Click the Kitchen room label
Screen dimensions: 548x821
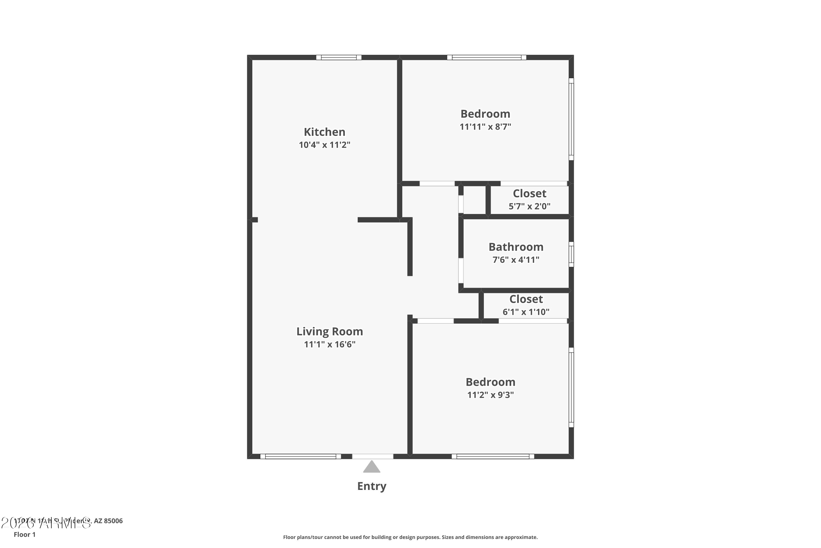(x=324, y=132)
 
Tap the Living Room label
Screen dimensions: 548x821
(x=329, y=331)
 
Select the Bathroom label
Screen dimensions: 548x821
(x=516, y=247)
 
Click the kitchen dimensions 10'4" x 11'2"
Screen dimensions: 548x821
(x=324, y=145)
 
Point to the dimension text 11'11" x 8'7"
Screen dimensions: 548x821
(x=485, y=127)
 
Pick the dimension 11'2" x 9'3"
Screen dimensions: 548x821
(x=490, y=395)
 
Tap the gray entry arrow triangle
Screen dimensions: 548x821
(x=371, y=467)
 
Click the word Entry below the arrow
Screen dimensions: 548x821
(x=371, y=486)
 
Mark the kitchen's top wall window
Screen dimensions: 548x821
(x=339, y=57)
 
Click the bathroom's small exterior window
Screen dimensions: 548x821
(x=571, y=255)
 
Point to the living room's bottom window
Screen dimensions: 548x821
(x=300, y=456)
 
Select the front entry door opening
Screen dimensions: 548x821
(x=372, y=456)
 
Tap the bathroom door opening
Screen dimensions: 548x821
(x=461, y=270)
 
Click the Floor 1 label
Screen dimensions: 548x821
(x=24, y=534)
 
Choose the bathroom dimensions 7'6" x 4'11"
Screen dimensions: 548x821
(x=516, y=260)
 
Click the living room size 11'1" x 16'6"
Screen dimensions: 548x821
(x=329, y=344)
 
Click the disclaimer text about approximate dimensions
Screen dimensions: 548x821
(x=410, y=537)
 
